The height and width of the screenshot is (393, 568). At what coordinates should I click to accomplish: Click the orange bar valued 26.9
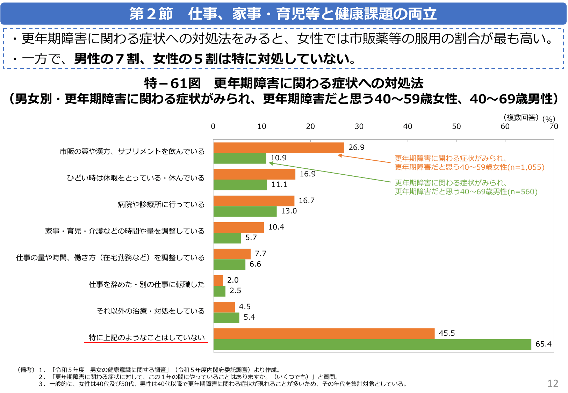tap(279, 148)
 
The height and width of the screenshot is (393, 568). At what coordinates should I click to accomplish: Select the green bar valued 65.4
tap(372, 344)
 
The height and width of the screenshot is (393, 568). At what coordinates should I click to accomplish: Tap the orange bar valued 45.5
tap(324, 334)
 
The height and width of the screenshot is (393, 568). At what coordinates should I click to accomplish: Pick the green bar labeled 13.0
tap(245, 211)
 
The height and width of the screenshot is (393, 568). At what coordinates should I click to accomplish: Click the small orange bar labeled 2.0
tap(218, 281)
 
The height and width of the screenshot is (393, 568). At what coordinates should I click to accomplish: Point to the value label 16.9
tap(307, 174)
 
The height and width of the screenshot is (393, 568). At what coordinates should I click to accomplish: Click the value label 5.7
tap(251, 238)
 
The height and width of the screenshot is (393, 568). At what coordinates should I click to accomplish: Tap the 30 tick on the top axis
tap(359, 126)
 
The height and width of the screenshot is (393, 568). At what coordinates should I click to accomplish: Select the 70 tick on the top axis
tap(553, 126)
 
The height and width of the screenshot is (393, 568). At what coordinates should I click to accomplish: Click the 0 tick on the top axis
tap(213, 126)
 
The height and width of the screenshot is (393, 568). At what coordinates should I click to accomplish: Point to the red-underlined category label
tap(146, 337)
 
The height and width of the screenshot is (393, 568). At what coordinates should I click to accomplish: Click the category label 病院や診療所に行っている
tap(161, 204)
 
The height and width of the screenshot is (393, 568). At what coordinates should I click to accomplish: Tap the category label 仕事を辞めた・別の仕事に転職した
tap(146, 284)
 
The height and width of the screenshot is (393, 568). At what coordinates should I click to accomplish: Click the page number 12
tap(553, 384)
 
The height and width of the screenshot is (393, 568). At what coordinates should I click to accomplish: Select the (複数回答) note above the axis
tap(521, 117)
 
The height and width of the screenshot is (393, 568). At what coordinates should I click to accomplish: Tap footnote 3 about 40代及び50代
tap(224, 384)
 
